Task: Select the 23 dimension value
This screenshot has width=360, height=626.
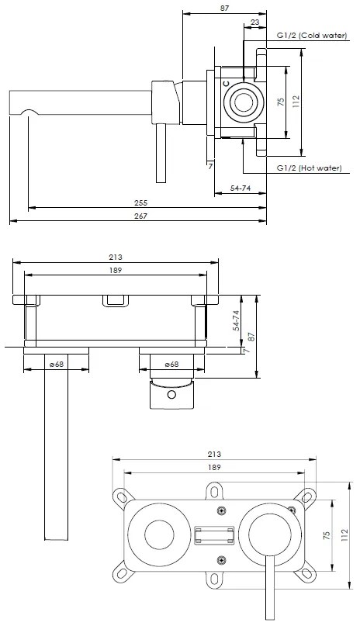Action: coord(255,22)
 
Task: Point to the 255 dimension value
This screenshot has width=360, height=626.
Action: coord(140,202)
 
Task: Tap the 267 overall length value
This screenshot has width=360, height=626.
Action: coord(140,216)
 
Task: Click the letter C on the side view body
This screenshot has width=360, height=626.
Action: coord(226,83)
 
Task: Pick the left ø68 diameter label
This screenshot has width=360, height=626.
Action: coord(56,363)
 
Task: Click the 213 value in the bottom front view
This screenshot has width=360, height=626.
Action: coord(215,454)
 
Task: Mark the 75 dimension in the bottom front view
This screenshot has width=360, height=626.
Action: coord(327,534)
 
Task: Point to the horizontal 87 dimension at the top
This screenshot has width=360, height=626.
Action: coord(225,9)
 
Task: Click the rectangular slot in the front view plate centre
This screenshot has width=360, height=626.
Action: coord(214,535)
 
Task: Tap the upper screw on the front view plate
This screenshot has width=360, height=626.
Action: coord(223,510)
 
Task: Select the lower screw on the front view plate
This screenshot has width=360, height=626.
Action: coord(223,560)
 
